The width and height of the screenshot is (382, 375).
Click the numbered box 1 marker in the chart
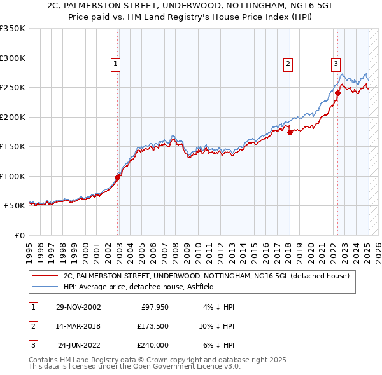(x=115, y=63)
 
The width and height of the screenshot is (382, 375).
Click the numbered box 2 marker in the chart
(x=288, y=63)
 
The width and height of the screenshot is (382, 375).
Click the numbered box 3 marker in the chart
(x=336, y=63)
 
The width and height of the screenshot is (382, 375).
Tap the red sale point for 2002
(x=118, y=177)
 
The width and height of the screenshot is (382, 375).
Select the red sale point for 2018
(x=289, y=133)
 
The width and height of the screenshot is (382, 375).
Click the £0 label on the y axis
(x=18, y=236)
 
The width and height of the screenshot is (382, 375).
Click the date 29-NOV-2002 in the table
(x=78, y=307)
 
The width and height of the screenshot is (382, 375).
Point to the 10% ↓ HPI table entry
(x=216, y=326)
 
